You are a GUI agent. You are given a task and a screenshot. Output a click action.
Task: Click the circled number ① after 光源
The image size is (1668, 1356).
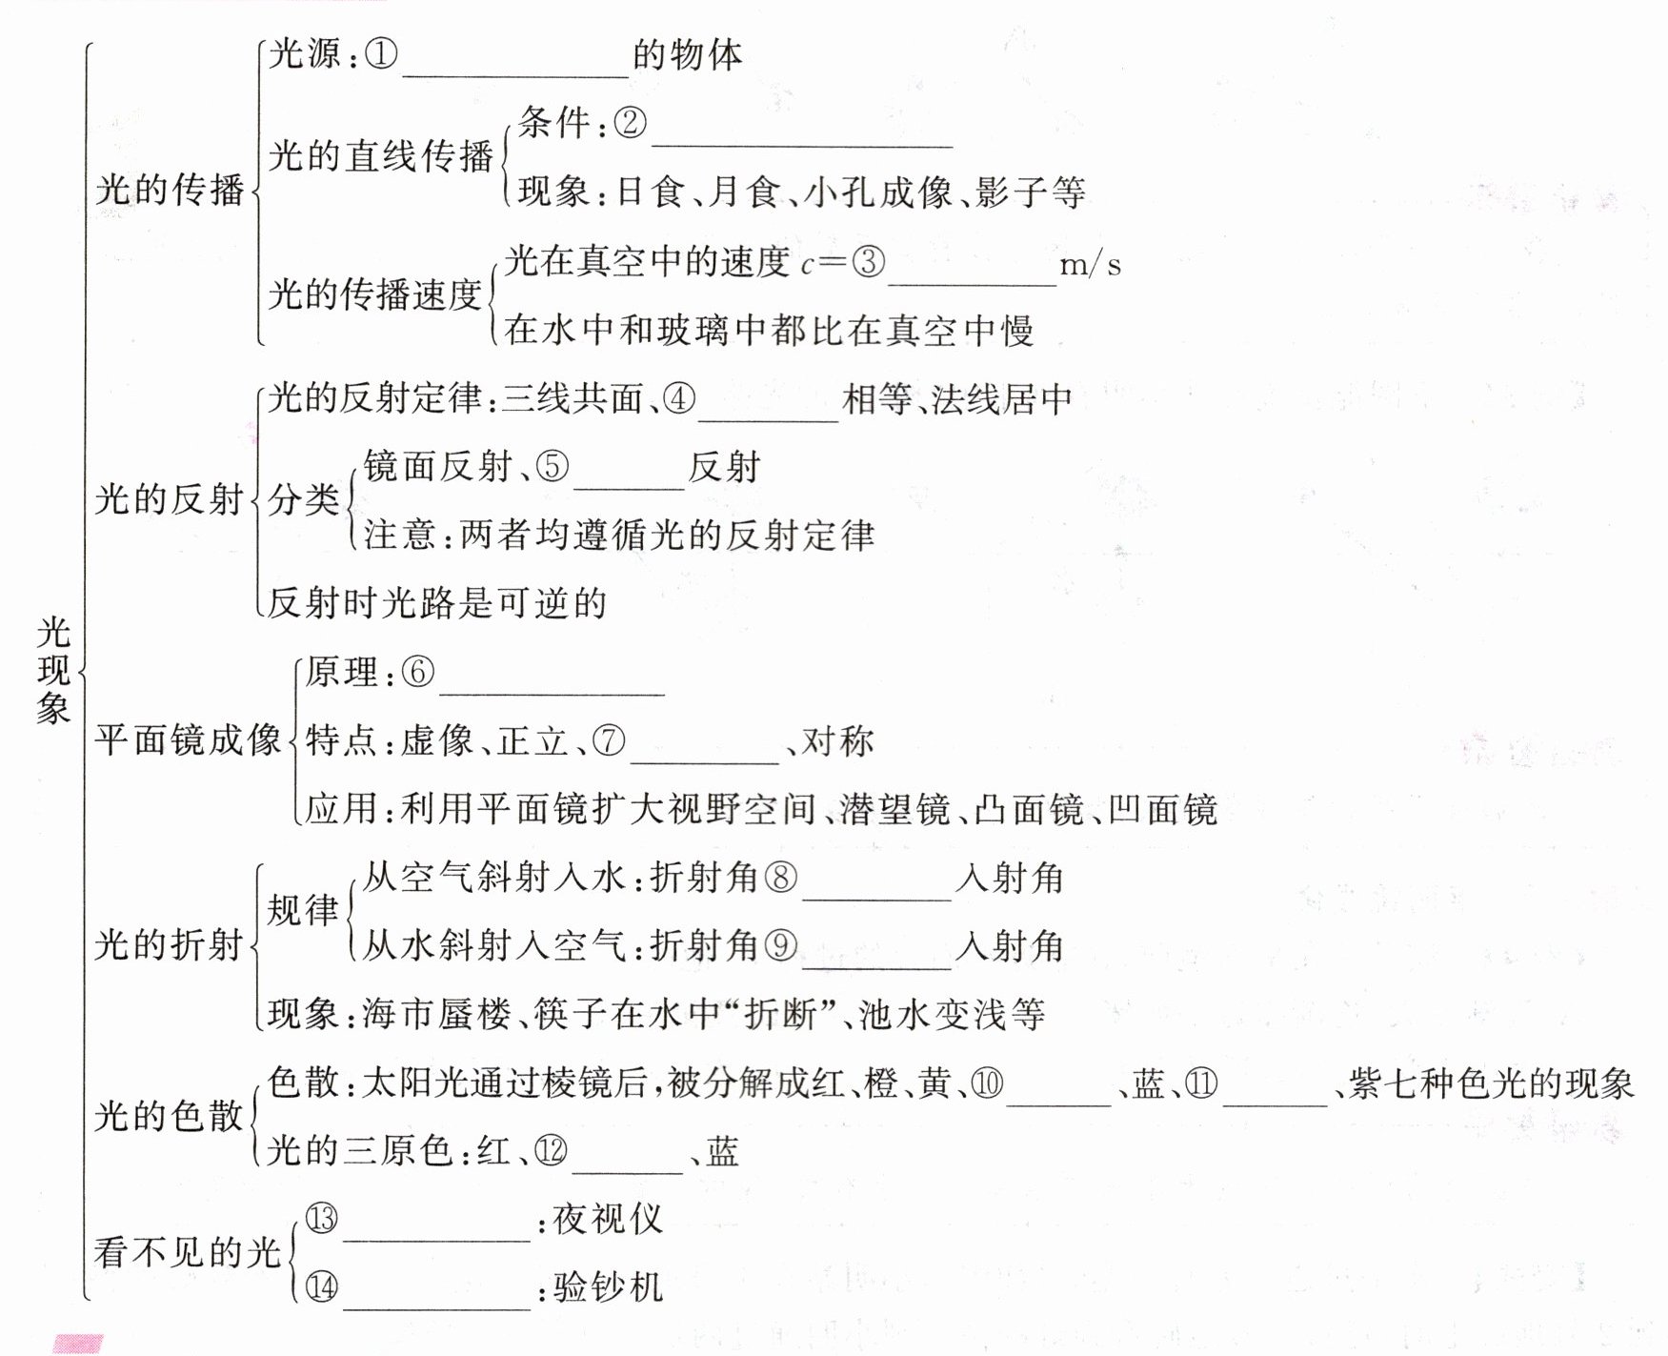(x=381, y=54)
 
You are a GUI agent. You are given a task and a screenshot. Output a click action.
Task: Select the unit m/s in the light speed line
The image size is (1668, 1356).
(x=1090, y=263)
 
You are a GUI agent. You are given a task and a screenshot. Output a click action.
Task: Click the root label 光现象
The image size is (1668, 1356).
(x=53, y=670)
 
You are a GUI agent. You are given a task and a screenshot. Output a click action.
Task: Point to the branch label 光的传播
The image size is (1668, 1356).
(x=170, y=190)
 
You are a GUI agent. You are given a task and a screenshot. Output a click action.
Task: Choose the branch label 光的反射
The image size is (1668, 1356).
(x=170, y=498)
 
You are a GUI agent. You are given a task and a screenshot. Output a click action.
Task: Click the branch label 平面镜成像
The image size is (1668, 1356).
(x=188, y=739)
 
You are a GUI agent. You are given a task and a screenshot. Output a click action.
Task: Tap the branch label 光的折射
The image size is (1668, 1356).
(x=170, y=944)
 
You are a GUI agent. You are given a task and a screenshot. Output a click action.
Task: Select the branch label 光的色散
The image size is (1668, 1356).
(x=170, y=1116)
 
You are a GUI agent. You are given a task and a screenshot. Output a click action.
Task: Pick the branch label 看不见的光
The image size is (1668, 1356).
(x=188, y=1252)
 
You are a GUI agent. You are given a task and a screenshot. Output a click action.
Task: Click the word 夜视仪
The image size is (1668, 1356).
(x=608, y=1219)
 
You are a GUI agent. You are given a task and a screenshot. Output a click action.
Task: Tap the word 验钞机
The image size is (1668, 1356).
(x=608, y=1287)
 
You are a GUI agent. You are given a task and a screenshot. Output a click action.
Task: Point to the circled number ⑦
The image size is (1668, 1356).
(x=609, y=740)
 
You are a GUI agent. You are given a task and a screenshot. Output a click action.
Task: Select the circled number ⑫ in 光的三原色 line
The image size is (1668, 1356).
(x=551, y=1151)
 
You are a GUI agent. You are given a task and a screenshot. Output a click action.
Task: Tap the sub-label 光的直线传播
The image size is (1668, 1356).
(x=380, y=155)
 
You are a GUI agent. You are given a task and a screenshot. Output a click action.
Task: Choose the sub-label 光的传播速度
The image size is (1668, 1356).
(x=374, y=294)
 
